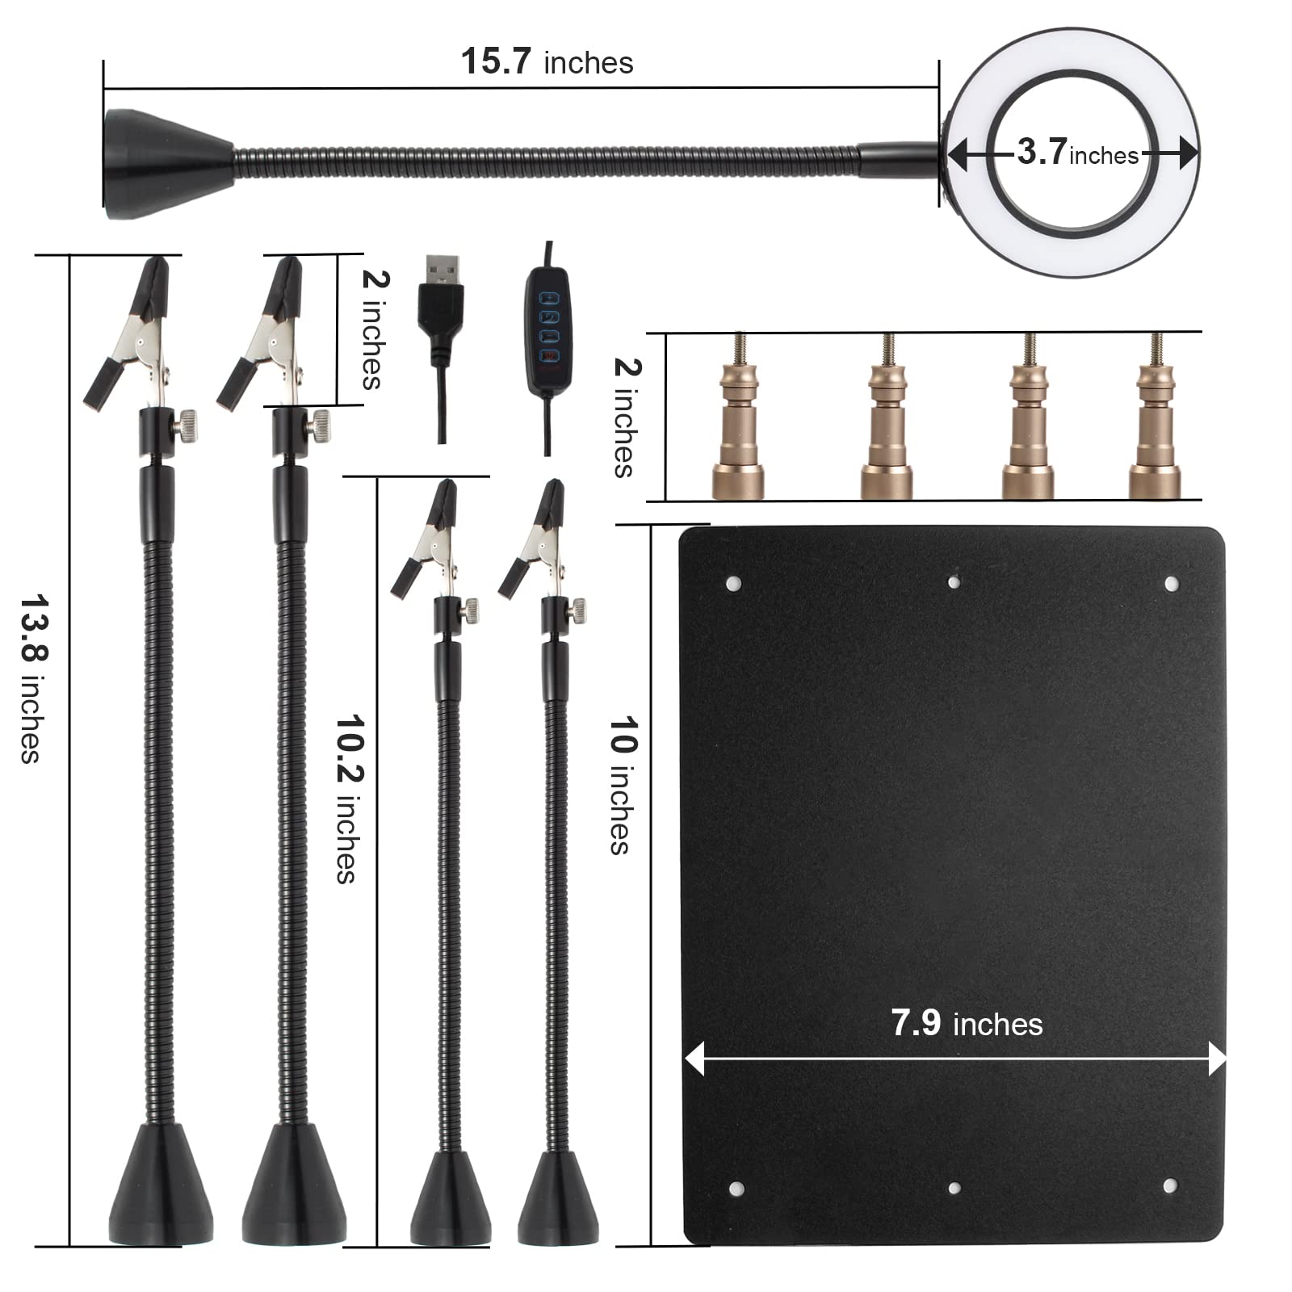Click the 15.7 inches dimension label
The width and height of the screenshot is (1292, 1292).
coord(547,62)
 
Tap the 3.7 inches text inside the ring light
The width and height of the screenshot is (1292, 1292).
coord(1077,152)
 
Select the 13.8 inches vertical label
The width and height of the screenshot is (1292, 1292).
coord(32,678)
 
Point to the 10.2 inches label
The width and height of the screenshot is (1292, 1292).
coord(348,799)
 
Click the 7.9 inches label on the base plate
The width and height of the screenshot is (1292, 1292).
coord(967,1023)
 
